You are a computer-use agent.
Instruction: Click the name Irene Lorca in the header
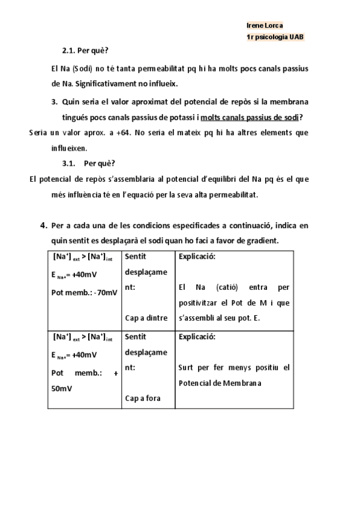pyautogui.click(x=265, y=26)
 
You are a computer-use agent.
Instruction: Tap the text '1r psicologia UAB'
pyautogui.click(x=275, y=37)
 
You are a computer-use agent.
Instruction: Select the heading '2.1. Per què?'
pyautogui.click(x=85, y=51)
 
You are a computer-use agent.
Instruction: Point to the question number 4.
pyautogui.click(x=44, y=226)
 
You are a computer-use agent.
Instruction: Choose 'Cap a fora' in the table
pyautogui.click(x=142, y=397)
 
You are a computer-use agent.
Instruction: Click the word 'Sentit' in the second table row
pyautogui.click(x=136, y=337)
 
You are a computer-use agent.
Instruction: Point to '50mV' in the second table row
pyautogui.click(x=62, y=388)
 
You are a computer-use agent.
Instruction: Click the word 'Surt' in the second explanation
pyautogui.click(x=186, y=367)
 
